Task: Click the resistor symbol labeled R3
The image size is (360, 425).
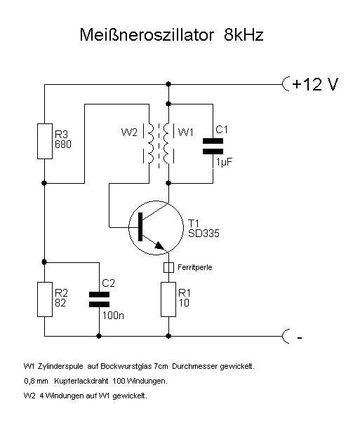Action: pos(45,141)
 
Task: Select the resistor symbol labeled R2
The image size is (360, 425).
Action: pos(45,299)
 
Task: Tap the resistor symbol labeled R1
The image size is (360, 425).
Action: pos(168,299)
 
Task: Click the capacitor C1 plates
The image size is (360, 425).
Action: pos(213,146)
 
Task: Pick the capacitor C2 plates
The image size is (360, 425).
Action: pos(99,299)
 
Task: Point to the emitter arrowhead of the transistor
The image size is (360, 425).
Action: pos(159,245)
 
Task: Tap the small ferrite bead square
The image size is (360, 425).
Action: pos(168,267)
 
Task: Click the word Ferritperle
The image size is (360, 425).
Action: pos(195,267)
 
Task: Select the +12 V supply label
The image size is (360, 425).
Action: pos(315,84)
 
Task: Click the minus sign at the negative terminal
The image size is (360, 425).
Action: pos(300,338)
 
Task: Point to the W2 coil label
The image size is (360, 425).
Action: pos(129,133)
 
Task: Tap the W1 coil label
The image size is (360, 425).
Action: pos(186,133)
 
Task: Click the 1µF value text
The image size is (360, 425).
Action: pos(224,162)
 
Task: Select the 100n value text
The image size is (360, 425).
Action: pos(113,315)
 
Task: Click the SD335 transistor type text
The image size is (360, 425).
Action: pos(204,234)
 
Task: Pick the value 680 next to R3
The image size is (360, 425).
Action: pos(63,144)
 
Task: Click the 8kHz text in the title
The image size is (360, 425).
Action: pos(244,34)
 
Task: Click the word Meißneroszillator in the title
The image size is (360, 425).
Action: pos(147,34)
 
